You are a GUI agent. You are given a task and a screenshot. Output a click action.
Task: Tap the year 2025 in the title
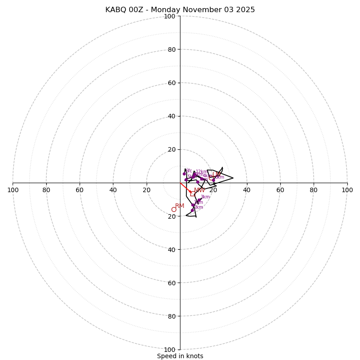[x=245, y=10]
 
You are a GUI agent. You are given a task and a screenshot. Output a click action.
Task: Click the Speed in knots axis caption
[x=180, y=356]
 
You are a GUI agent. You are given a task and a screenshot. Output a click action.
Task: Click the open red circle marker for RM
[x=174, y=209]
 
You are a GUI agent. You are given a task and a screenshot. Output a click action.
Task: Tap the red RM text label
[x=180, y=206]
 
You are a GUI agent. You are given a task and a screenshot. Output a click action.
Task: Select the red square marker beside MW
[x=192, y=194]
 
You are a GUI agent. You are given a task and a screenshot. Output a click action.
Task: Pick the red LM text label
[x=216, y=174]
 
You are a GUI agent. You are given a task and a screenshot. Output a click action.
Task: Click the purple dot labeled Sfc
[x=184, y=174]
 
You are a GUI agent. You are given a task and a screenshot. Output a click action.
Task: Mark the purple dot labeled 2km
[x=192, y=210]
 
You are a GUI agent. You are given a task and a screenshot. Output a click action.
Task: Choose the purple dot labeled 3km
[x=199, y=200]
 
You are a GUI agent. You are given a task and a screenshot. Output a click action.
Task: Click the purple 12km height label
[x=202, y=172]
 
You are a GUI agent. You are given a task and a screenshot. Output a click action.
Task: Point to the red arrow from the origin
[x=185, y=188]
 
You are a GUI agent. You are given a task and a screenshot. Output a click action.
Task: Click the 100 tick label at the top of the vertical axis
[x=169, y=16]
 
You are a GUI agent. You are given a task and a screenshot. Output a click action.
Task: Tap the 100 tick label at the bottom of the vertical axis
[x=169, y=350]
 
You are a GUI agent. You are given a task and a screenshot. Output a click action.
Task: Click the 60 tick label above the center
[x=171, y=83]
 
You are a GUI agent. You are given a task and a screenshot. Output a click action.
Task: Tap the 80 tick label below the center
[x=171, y=316]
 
